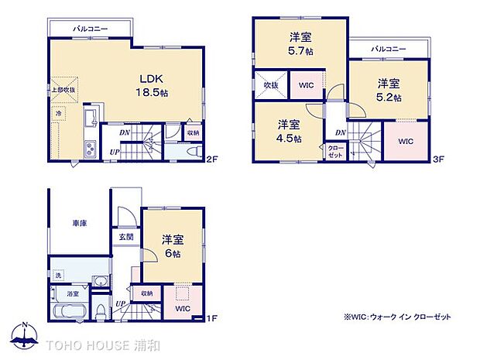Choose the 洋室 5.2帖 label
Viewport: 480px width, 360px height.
click(x=389, y=90)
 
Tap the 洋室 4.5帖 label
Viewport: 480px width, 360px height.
click(x=289, y=131)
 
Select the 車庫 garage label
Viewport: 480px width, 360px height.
click(x=80, y=223)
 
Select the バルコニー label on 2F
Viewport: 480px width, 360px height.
click(x=91, y=29)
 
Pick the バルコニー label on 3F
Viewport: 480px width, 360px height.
click(x=387, y=48)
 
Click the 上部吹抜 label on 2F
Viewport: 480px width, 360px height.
click(x=63, y=90)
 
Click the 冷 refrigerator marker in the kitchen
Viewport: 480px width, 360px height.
click(x=59, y=113)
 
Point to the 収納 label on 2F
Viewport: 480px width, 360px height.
click(x=193, y=132)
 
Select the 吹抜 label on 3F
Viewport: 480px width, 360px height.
click(x=270, y=84)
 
